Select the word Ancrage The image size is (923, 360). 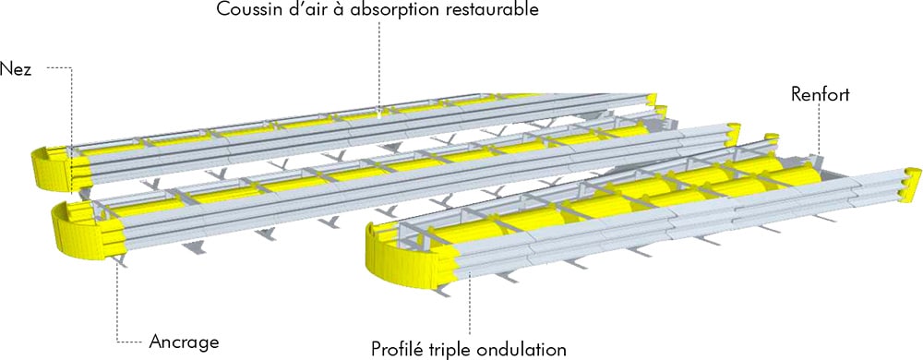pos(184,342)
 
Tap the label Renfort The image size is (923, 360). pos(820,94)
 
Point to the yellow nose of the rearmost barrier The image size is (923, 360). pos(53,168)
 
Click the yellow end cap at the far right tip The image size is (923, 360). pos(912,185)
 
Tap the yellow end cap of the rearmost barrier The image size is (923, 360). pos(651,100)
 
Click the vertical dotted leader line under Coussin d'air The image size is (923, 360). pos(379,67)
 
